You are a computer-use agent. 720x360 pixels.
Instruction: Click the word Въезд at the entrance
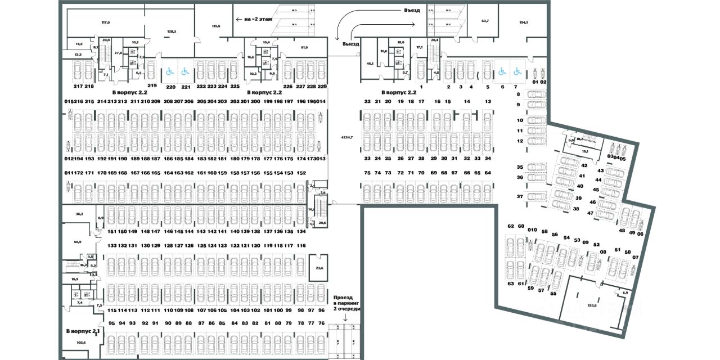(412, 10)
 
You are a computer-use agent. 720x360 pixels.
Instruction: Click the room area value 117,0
(105, 22)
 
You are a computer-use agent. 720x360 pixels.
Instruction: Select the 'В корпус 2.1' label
(83, 331)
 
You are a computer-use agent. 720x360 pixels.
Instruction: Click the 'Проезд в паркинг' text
(346, 303)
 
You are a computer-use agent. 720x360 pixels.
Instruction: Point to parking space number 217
(78, 86)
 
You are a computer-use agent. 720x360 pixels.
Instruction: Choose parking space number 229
(322, 86)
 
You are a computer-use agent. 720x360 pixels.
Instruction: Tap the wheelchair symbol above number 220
(169, 72)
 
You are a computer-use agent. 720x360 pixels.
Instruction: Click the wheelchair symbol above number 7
(516, 72)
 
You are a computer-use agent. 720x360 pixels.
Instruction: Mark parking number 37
(520, 196)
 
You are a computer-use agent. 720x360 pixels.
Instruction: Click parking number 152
(301, 173)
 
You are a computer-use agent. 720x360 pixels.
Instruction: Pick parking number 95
(111, 323)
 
